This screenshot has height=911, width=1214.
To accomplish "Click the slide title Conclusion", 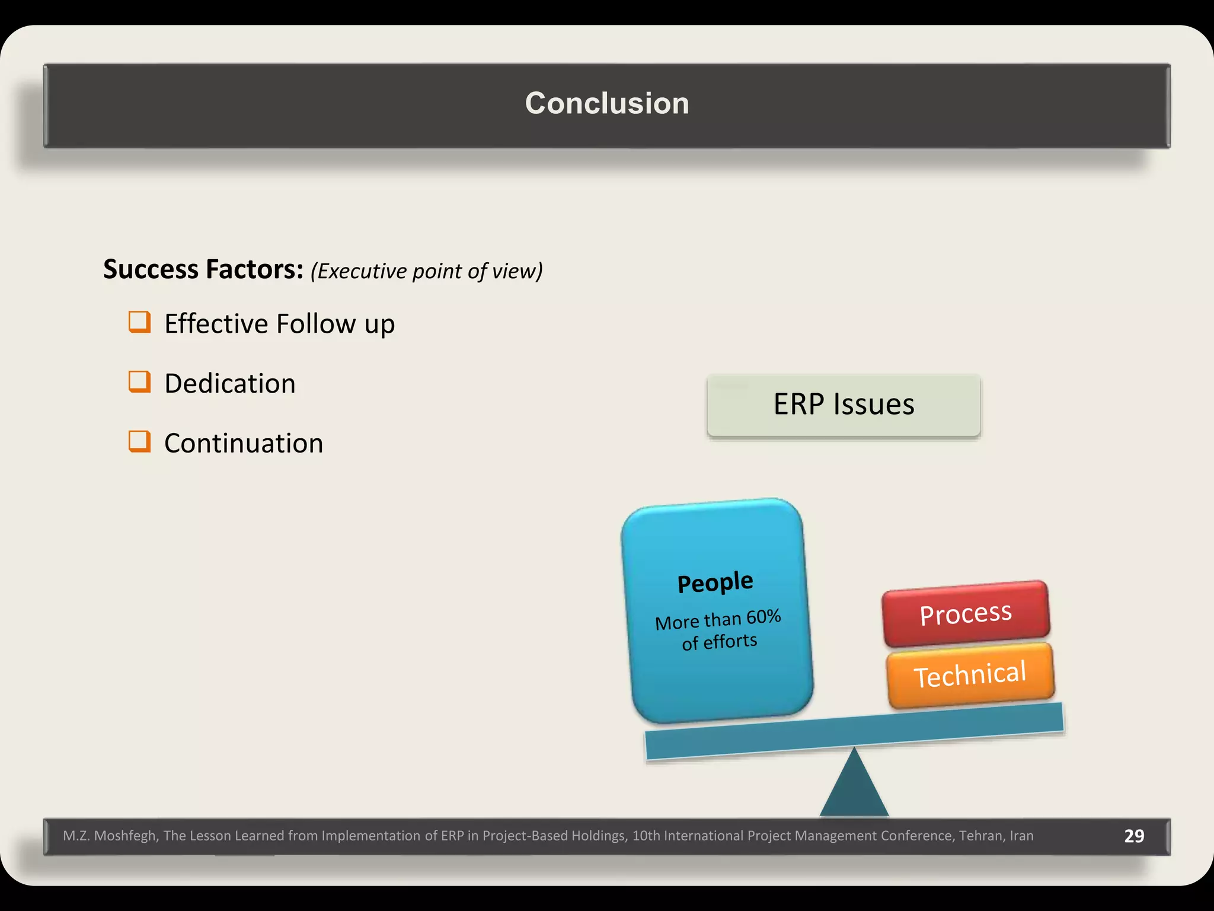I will pyautogui.click(x=607, y=104).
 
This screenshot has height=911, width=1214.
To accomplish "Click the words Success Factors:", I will pyautogui.click(x=203, y=269).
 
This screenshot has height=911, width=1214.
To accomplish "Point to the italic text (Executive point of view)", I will pyautogui.click(x=426, y=271).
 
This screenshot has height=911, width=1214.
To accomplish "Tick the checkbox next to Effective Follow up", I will pyautogui.click(x=139, y=322).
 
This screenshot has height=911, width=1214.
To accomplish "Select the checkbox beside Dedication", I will pyautogui.click(x=139, y=382).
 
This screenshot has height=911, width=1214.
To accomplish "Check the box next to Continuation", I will pyautogui.click(x=139, y=441).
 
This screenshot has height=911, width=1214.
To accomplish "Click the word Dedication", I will pyautogui.click(x=230, y=384).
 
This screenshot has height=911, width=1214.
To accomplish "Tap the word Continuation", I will pyautogui.click(x=244, y=444).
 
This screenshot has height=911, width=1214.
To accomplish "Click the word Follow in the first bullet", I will pyautogui.click(x=316, y=324).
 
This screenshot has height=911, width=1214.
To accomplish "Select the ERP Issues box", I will pyautogui.click(x=844, y=405).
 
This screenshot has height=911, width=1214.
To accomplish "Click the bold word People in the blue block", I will pyautogui.click(x=715, y=582).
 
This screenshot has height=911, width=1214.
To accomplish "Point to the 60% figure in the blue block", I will pyautogui.click(x=763, y=617).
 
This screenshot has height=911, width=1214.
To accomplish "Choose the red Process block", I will pyautogui.click(x=966, y=613).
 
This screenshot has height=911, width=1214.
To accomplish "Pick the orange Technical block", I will pyautogui.click(x=970, y=675).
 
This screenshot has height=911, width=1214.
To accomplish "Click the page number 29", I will pyautogui.click(x=1134, y=836).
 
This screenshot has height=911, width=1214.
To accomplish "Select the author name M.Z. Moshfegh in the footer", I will pyautogui.click(x=110, y=836).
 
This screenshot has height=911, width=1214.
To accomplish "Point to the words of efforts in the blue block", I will pyautogui.click(x=720, y=642).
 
